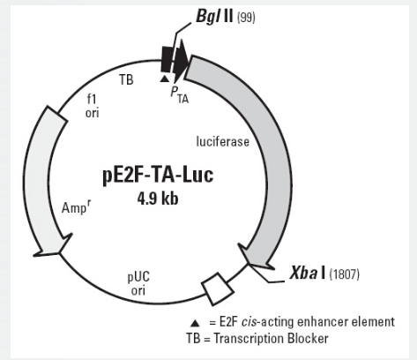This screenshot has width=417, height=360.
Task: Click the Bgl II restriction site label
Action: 214,16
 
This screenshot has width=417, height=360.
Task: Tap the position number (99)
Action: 246,18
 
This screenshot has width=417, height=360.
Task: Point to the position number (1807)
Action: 344,274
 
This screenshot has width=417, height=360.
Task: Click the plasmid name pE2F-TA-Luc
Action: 158,176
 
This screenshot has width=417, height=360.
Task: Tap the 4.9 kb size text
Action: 158,199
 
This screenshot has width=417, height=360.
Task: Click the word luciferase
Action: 223,141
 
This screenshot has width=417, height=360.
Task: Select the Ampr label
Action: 76,207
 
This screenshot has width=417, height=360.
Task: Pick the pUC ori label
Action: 138,283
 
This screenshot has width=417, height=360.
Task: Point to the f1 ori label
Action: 92,106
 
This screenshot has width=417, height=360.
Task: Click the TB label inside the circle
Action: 126,79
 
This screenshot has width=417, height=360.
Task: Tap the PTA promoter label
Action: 180,94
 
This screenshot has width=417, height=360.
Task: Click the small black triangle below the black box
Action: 165,79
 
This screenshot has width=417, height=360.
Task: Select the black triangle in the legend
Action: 195,323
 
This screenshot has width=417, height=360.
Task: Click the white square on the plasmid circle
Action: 218,289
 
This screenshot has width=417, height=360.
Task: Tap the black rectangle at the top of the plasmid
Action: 167,59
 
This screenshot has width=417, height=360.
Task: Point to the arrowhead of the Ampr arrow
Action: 53,245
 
